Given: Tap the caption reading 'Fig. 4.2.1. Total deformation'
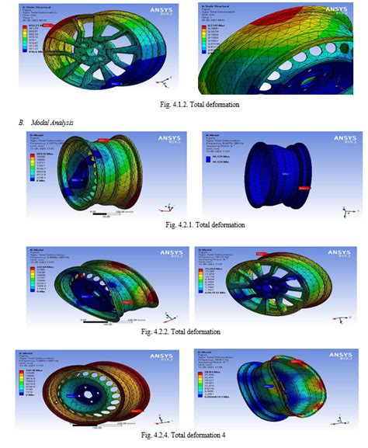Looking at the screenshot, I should tap(183, 225).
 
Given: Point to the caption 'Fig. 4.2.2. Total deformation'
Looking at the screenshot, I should tap(183, 332).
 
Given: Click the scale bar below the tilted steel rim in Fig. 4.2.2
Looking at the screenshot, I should tap(106, 320).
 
